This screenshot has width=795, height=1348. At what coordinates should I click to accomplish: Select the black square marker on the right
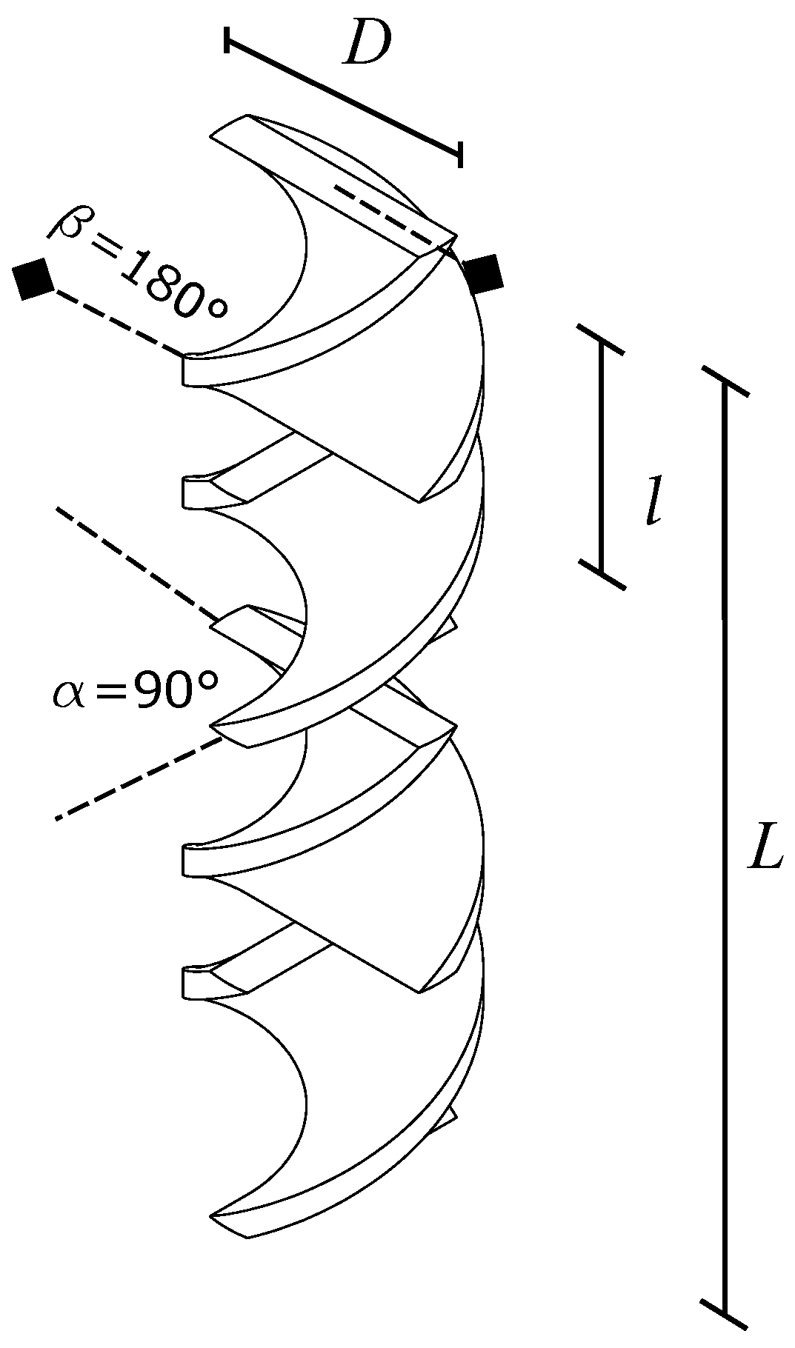point(482,273)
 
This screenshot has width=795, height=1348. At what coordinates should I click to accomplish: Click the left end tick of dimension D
point(226,41)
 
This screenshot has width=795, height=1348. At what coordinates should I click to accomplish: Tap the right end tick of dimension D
point(460,154)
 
